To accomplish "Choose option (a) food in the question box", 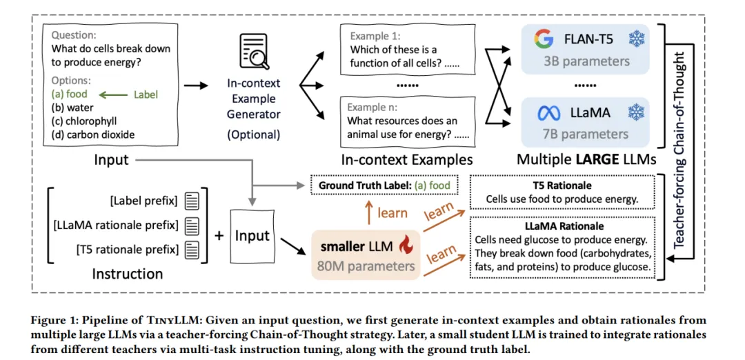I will [x=70, y=94].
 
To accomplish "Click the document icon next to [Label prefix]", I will [x=192, y=201].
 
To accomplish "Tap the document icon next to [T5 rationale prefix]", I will [x=192, y=248].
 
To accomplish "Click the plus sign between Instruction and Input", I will [x=219, y=235].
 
